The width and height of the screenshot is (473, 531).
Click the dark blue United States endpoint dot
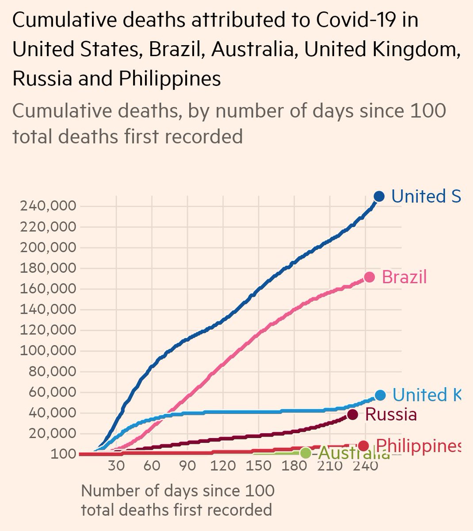tap(379, 196)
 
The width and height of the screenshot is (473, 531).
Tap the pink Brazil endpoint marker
tap(369, 277)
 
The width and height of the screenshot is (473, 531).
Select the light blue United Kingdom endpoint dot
tap(380, 395)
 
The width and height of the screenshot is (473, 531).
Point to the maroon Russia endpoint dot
tap(352, 415)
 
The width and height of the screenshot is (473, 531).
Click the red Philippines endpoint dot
tap(363, 446)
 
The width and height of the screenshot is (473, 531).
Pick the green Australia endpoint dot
tap(305, 453)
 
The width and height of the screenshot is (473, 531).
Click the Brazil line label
tap(404, 277)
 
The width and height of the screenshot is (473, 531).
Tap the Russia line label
tap(391, 415)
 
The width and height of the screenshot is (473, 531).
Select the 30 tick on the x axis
tap(116, 467)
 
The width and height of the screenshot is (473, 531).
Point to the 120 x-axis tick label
tap(223, 467)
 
